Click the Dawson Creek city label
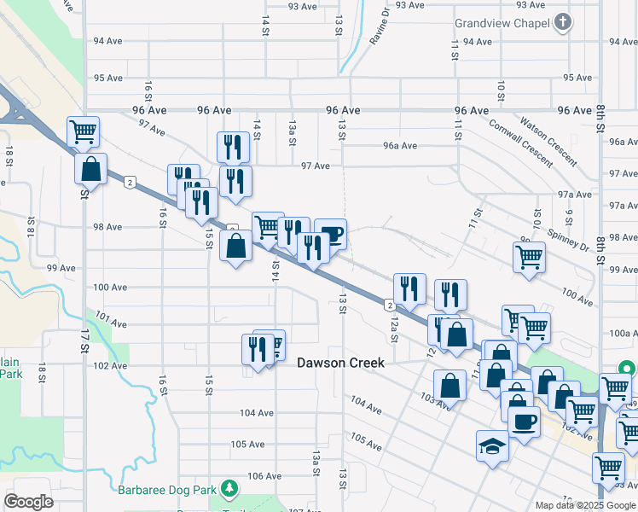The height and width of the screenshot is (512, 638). pos(341,363)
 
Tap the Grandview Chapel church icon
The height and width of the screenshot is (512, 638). pos(562,23)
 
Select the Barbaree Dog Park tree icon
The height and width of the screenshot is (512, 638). pos(229,488)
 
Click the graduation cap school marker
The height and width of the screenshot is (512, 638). pos(492,445)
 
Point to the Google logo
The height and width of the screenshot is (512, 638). pos(28,502)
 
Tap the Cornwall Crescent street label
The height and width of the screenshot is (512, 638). pos(520,141)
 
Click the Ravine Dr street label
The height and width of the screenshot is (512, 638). pos(379,26)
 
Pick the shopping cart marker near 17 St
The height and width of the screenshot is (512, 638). pos(84,131)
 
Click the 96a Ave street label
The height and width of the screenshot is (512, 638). pos(400,146)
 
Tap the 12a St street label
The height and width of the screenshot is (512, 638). pos(394,327)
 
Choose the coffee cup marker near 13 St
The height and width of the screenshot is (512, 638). pos(330,234)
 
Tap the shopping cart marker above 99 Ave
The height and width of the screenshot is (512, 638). pos(529,256)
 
